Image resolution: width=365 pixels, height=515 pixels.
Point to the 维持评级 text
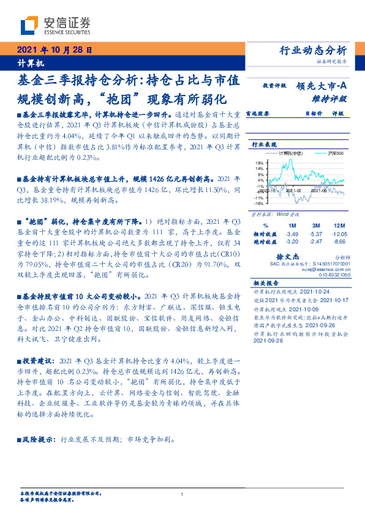pos(329,97)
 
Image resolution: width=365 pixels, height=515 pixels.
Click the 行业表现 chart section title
pos(263,144)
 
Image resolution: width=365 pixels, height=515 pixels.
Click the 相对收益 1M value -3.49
pos(292,234)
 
